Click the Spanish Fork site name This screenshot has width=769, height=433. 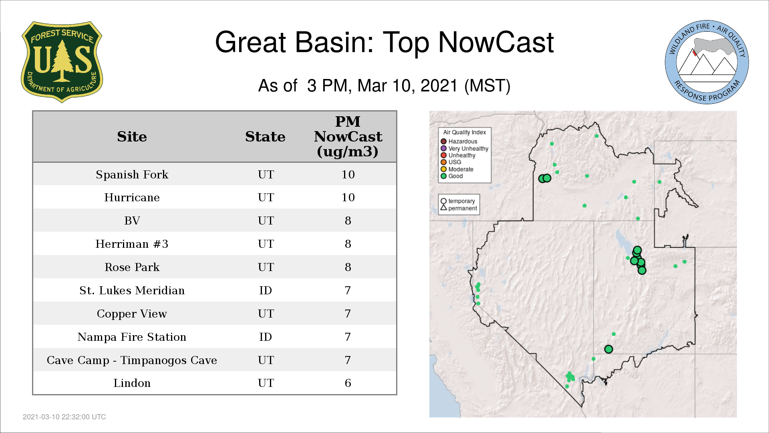[x=132, y=174]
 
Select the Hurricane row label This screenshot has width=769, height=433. [x=132, y=197]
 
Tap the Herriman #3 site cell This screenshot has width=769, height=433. [x=132, y=244]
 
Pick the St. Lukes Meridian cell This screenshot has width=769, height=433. [x=132, y=290]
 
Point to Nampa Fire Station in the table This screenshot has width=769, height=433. [x=132, y=337]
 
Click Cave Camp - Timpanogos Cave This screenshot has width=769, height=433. [x=132, y=360]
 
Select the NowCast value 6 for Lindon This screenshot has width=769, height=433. [x=348, y=383]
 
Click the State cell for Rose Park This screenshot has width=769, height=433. [x=266, y=267]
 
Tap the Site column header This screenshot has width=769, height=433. [x=132, y=137]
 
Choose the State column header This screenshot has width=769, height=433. [x=265, y=137]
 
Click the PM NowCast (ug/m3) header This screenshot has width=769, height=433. [x=348, y=136]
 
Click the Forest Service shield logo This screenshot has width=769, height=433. [x=62, y=62]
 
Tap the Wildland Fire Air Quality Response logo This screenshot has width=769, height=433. [x=707, y=62]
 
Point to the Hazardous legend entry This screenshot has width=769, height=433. [x=459, y=142]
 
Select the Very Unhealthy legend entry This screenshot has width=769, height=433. [x=465, y=148]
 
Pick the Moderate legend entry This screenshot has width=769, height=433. [x=457, y=169]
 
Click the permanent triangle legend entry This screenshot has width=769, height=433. [x=459, y=208]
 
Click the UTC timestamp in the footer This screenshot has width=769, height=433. [x=64, y=417]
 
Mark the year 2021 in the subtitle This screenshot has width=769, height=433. [x=439, y=86]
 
